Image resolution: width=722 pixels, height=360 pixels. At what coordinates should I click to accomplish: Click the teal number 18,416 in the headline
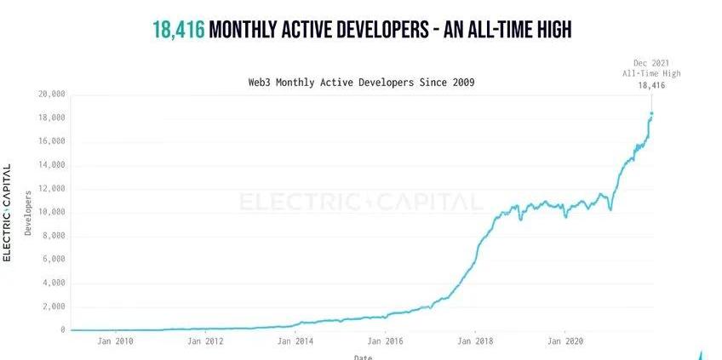point(178,30)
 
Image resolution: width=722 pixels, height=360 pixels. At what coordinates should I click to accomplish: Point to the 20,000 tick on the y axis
point(52,94)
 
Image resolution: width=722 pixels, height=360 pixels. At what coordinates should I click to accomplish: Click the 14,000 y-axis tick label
point(52,164)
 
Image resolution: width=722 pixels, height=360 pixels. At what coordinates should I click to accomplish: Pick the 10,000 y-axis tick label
point(52,212)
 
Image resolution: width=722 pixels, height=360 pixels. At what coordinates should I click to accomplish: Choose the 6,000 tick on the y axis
point(54,259)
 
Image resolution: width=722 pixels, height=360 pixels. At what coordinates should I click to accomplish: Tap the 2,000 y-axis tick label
point(54,306)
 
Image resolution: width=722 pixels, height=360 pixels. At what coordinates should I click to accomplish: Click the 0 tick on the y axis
point(63,330)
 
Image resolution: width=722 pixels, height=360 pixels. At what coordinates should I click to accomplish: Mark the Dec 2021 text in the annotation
point(651,63)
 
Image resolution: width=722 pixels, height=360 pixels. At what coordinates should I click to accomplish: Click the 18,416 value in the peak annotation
point(651,85)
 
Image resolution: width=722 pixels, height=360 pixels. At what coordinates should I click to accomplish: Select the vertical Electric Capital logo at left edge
point(7,212)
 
